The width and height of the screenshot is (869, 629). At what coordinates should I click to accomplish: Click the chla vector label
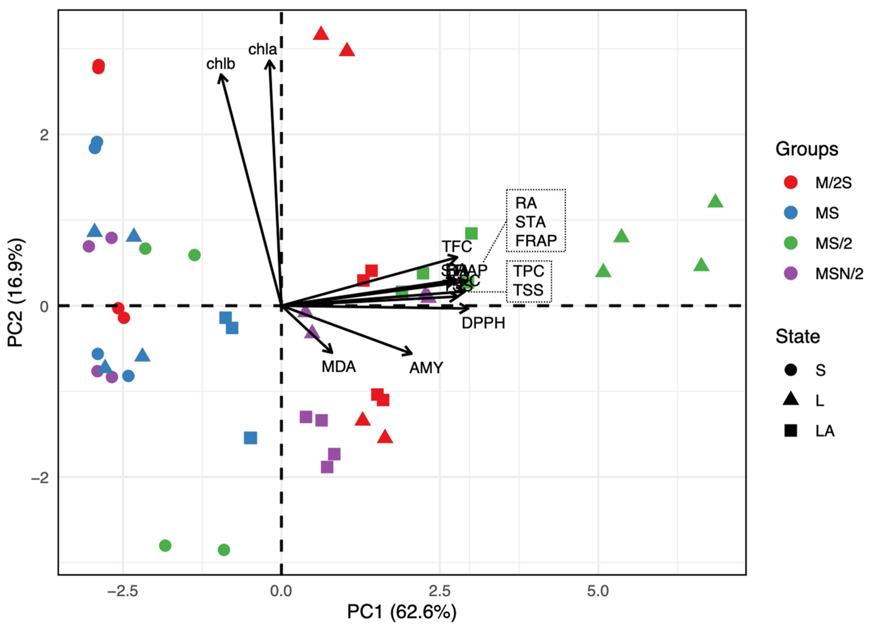[263, 50]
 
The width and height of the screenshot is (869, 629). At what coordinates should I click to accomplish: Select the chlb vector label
[220, 64]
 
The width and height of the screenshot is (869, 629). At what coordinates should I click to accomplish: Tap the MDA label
[339, 367]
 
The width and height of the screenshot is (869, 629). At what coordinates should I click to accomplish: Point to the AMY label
[426, 368]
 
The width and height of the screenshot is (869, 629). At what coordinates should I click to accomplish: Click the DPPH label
[483, 323]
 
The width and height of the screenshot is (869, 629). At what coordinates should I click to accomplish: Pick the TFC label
[457, 247]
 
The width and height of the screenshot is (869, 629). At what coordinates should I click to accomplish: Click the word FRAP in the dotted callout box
[536, 241]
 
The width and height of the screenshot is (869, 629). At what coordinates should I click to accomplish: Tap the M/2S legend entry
[833, 183]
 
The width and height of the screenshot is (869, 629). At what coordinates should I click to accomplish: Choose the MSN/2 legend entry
[839, 274]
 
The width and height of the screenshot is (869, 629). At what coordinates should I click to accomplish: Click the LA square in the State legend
[791, 431]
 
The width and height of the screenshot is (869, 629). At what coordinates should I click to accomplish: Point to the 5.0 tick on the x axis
[598, 591]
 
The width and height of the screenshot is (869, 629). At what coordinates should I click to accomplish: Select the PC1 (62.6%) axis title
[402, 612]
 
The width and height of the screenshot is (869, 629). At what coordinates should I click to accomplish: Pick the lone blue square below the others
[251, 438]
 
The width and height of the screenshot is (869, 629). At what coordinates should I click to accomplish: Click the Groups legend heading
[806, 149]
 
